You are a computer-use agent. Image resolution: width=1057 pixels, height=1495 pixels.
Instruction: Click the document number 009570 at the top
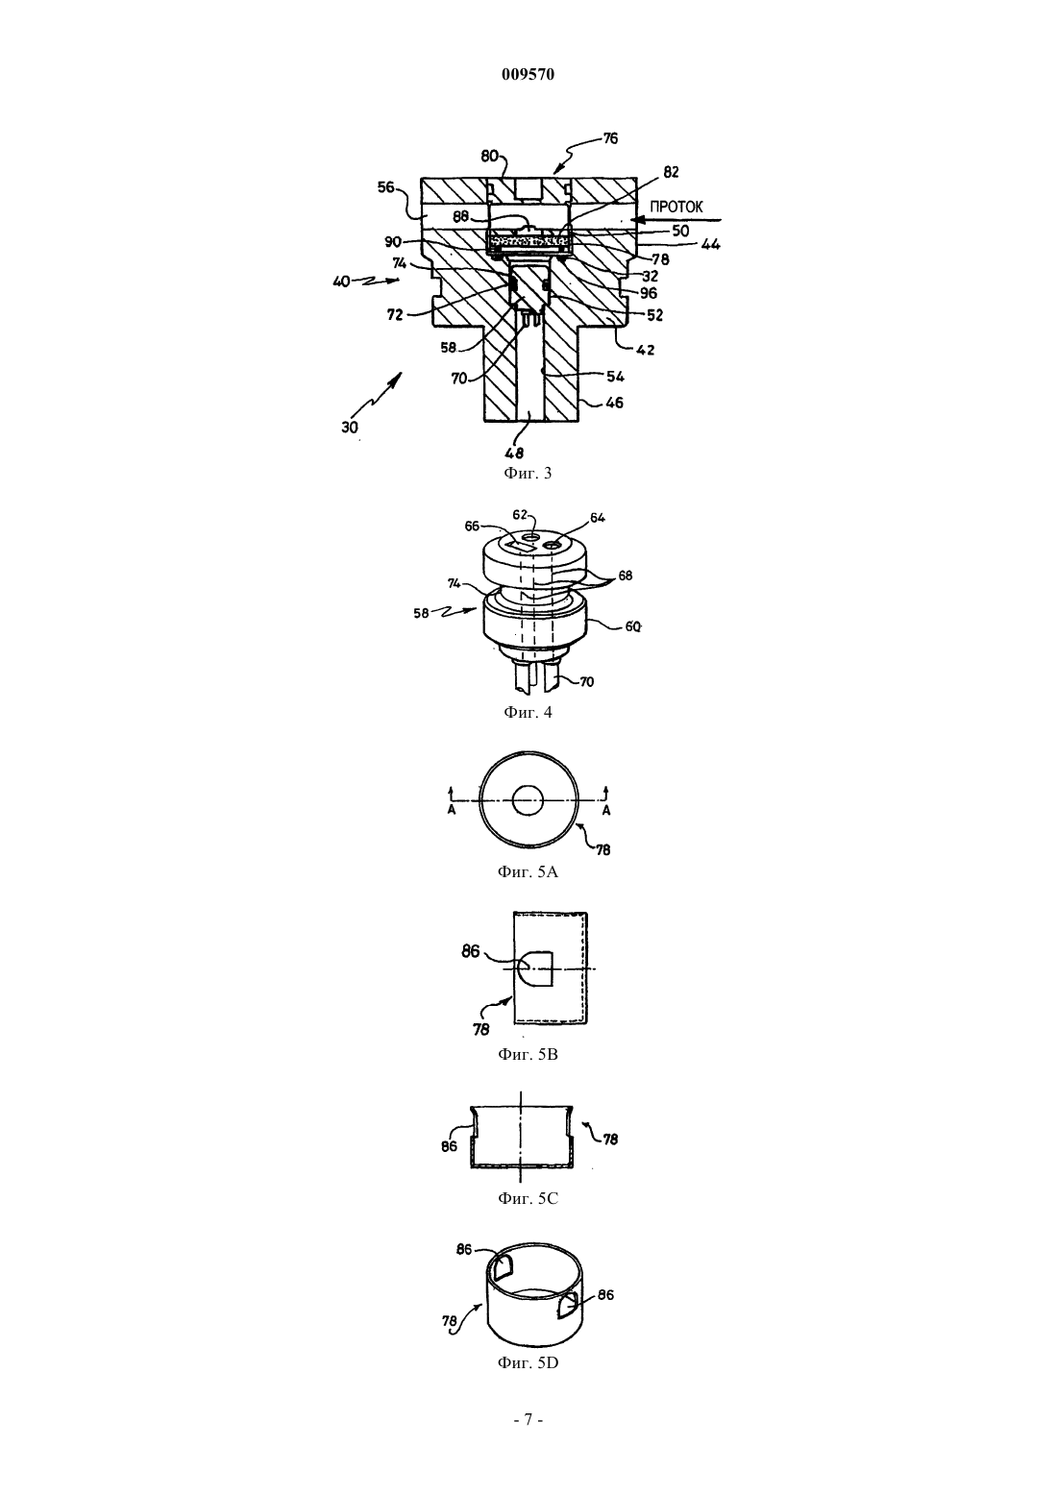[528, 74]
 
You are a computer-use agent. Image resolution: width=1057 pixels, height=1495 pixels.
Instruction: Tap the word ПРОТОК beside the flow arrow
[676, 207]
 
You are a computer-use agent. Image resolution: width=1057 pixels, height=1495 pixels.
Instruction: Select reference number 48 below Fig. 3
[514, 453]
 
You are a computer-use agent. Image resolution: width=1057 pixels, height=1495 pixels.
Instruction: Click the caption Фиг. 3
[528, 474]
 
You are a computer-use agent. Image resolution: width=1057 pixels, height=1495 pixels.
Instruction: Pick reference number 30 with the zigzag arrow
[350, 428]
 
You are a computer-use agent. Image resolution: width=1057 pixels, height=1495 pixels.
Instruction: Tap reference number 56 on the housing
[386, 187]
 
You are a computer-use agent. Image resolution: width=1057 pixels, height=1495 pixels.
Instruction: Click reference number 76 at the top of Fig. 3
[610, 138]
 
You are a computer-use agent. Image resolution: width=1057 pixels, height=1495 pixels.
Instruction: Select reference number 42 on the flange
[645, 349]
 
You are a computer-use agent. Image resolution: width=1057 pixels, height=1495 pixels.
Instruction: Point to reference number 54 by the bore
[615, 377]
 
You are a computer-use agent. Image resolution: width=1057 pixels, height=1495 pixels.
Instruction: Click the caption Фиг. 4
[528, 712]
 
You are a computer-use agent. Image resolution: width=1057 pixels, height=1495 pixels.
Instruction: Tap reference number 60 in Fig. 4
[632, 627]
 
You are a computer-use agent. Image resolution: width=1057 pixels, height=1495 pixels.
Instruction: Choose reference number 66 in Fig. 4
[473, 526]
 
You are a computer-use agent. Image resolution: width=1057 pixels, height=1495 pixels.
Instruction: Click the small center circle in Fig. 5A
[528, 799]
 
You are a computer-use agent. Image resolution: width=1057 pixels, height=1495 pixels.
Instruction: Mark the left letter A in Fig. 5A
[452, 810]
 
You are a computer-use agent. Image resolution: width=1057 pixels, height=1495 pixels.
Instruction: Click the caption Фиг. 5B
[528, 1055]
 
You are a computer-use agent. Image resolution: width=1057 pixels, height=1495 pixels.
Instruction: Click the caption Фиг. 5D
[528, 1362]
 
